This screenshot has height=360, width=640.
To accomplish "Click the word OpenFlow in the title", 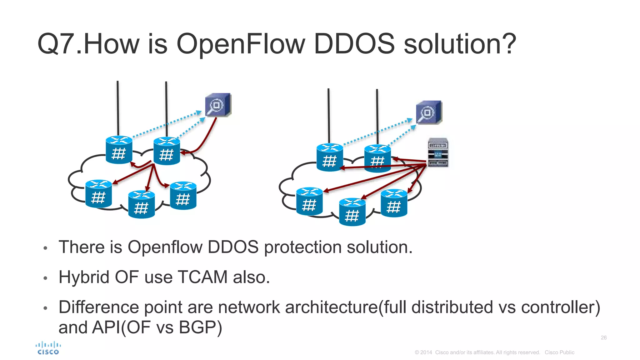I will [240, 44].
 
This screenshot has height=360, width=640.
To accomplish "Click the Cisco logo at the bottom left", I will [48, 348].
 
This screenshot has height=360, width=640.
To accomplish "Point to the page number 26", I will [603, 337].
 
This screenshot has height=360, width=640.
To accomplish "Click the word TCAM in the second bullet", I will [202, 277].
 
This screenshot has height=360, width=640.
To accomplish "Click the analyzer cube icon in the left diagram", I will [218, 105].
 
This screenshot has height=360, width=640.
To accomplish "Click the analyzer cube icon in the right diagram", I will [429, 112].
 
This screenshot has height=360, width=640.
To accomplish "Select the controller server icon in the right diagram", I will [437, 152].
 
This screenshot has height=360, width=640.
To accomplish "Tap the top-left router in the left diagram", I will [119, 150].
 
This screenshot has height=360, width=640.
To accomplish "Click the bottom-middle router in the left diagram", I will [141, 204].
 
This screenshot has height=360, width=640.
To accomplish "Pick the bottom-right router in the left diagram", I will [183, 196].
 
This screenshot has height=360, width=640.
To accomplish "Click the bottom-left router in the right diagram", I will [309, 202].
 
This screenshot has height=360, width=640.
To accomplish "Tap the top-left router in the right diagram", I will [330, 157].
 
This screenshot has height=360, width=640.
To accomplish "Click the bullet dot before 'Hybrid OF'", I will [45, 278].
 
